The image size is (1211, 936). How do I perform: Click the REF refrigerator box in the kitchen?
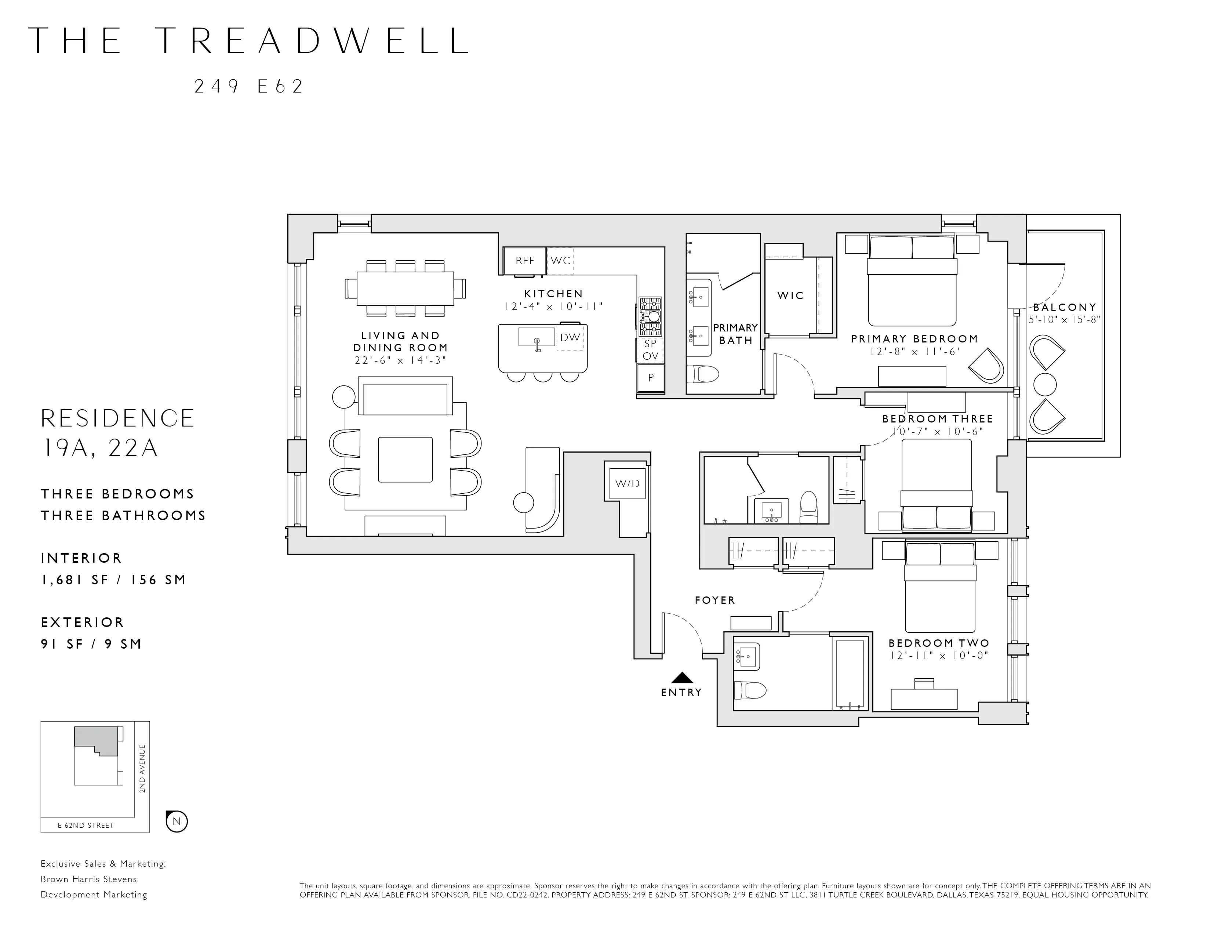tap(524, 261)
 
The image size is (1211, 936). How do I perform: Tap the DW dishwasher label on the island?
tap(570, 337)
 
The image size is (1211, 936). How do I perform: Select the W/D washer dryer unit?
tap(627, 483)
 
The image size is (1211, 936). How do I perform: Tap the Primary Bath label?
tap(736, 334)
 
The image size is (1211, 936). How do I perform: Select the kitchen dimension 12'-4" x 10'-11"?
tap(553, 306)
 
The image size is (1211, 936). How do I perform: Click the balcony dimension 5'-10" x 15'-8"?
tap(1064, 320)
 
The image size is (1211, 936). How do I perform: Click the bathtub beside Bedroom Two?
tap(850, 673)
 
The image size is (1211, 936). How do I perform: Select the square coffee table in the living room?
tap(405, 460)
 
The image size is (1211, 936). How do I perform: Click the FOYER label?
tap(715, 600)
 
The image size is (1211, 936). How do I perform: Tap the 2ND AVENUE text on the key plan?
tap(142, 769)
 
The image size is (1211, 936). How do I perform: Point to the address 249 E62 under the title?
tap(248, 87)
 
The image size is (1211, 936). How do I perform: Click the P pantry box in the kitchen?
tap(651, 378)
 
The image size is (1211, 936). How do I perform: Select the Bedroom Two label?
tap(939, 643)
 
